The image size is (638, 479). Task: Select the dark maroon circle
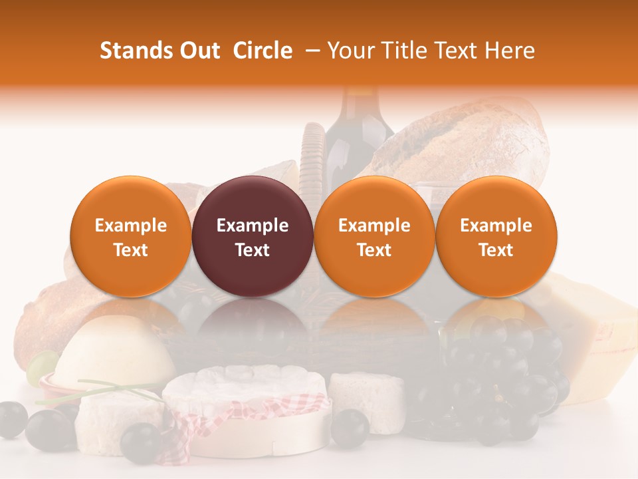tap(252, 236)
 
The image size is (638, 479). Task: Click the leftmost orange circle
tap(130, 236)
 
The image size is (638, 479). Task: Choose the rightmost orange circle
tap(496, 236)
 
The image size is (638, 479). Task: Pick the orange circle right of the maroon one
tap(374, 236)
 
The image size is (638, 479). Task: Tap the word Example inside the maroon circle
tap(252, 226)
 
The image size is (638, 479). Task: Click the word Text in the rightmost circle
tap(496, 250)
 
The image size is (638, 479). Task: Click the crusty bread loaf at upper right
tap(465, 143)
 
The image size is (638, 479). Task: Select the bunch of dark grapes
tap(505, 373)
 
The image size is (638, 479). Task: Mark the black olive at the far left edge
tap(12, 419)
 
